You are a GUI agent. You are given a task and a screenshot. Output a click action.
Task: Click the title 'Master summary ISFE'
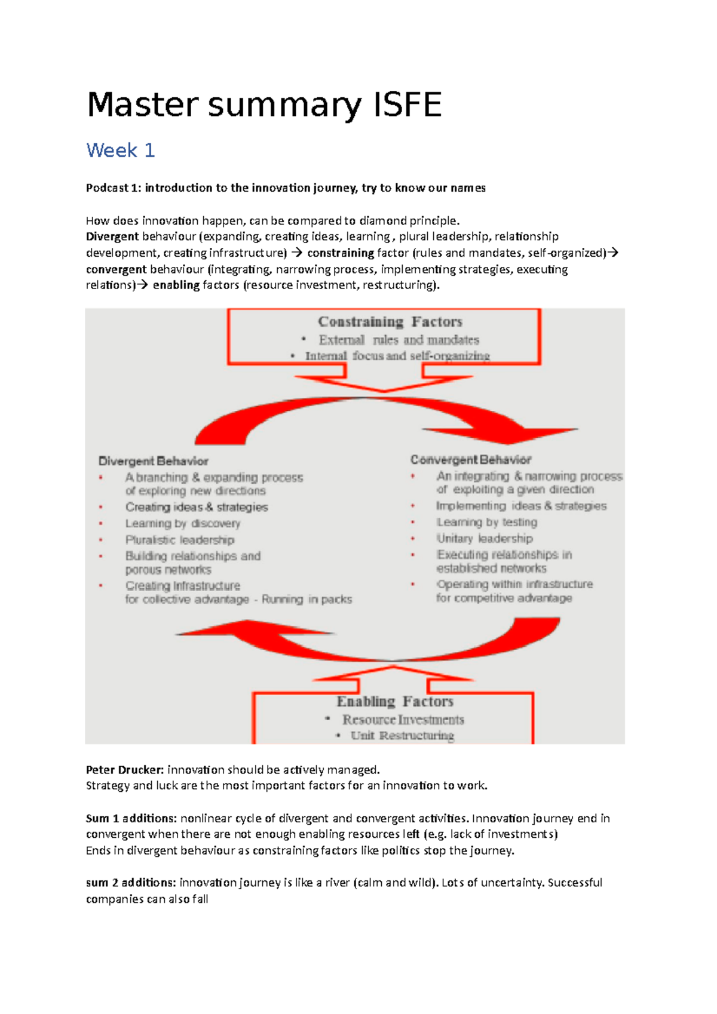point(264,105)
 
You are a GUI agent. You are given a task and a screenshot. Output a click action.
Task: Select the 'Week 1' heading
point(121,150)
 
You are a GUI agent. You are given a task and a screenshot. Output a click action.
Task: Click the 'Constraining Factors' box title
point(390,322)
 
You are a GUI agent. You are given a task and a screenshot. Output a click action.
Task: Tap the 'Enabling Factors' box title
point(395,701)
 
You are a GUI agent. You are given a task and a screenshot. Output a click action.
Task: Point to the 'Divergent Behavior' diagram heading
point(154,461)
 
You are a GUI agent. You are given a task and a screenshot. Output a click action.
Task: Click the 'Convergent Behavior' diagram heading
point(471,460)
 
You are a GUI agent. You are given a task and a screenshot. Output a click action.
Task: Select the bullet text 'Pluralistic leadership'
point(180,540)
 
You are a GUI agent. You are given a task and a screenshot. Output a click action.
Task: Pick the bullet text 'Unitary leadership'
point(484,538)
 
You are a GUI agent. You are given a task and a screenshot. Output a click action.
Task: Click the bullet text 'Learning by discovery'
point(183,524)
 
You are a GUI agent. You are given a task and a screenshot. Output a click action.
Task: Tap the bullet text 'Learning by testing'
point(486,522)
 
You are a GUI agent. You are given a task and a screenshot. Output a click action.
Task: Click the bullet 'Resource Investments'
point(403,720)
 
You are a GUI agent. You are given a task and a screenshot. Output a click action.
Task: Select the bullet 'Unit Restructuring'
point(402,735)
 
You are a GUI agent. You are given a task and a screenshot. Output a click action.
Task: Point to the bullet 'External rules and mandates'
point(399,340)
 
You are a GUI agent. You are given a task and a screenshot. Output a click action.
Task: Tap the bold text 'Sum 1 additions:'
point(131,818)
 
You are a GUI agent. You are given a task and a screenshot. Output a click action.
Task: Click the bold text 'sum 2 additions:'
point(131,883)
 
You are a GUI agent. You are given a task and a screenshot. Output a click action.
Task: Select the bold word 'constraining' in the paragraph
point(341,253)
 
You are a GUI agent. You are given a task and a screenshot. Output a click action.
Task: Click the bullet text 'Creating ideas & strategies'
point(197,507)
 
